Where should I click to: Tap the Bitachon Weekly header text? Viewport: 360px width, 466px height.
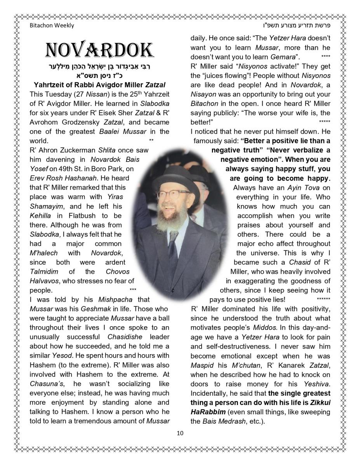pyautogui.click(x=52, y=26)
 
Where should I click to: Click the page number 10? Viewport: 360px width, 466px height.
pyautogui.click(x=180, y=433)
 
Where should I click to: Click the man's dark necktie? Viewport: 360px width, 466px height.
pyautogui.click(x=173, y=252)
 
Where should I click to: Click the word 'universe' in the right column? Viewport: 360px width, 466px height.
pyautogui.click(x=314, y=253)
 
